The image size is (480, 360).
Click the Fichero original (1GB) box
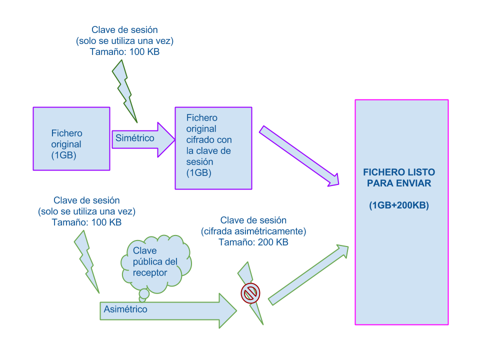pos(71,138)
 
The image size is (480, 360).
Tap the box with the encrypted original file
pos(213,148)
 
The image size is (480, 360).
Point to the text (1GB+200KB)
pos(399,205)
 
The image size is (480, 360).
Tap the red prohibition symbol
pos(250,293)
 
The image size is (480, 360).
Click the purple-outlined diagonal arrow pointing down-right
pos(298,156)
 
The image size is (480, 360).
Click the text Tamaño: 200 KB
pos(253,242)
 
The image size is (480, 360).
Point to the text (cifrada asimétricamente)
pos(253,231)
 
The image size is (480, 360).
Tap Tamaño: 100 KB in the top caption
pos(124,51)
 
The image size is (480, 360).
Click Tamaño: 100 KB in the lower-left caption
pos(86,222)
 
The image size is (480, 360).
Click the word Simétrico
pos(135,138)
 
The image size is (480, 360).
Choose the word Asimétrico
pos(125,309)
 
